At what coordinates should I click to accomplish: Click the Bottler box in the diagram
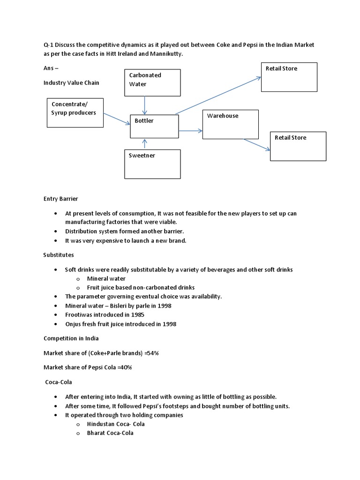tap(154, 127)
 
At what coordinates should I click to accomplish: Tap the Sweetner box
tap(152, 164)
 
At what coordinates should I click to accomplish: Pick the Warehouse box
tap(230, 124)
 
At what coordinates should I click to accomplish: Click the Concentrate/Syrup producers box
tap(75, 112)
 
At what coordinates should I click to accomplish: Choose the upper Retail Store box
tap(289, 77)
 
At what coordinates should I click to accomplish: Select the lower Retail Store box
tap(298, 146)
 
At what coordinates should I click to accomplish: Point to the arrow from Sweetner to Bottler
tap(145, 144)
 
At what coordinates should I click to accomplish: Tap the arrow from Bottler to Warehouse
tap(190, 132)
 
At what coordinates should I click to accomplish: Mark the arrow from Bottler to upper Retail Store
tap(218, 96)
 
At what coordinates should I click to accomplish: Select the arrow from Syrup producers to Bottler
tap(116, 119)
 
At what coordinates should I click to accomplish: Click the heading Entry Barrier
tap(60, 199)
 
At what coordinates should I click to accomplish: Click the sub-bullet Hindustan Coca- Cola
tap(116, 424)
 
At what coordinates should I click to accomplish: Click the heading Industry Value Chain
tap(71, 82)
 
